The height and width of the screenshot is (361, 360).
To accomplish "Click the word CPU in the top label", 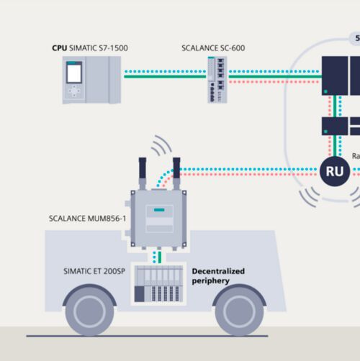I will [x=60, y=47].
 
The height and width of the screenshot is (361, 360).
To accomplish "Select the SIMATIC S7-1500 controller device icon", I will [x=91, y=80].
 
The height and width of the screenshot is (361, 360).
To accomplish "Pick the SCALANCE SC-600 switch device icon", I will [x=217, y=79].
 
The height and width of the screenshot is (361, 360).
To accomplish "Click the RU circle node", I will [x=335, y=171].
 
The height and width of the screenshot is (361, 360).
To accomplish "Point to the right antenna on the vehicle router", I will [x=176, y=173].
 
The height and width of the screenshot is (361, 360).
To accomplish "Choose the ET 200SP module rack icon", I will [x=158, y=283].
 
